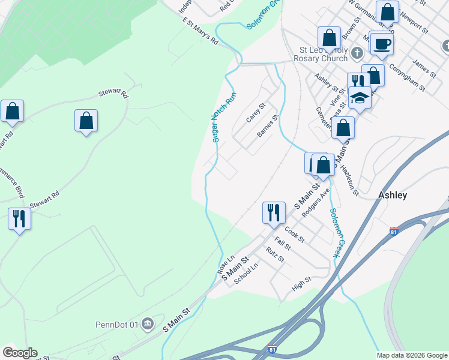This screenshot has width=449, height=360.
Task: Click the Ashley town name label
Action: coord(393,195)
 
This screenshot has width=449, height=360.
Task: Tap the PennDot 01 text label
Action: coord(117,325)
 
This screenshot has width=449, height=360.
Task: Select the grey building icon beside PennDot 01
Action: coord(148,325)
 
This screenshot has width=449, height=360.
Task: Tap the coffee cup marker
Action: coord(382,43)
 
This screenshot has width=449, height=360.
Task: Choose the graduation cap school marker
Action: coord(360,97)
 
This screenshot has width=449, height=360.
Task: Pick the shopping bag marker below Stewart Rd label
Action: coord(86,121)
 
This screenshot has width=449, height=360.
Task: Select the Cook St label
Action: coord(295,234)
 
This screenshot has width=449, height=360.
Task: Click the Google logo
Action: coord(20,353)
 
